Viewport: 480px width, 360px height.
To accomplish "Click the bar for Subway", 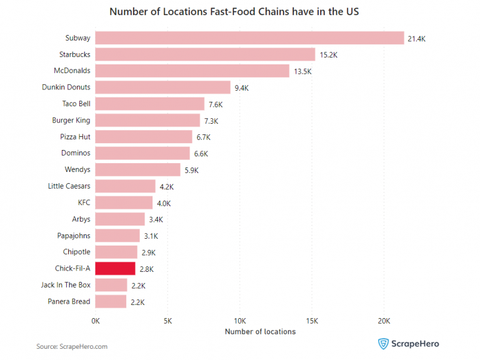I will pyautogui.click(x=250, y=38).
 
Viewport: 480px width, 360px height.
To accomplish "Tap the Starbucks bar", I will pyautogui.click(x=205, y=54).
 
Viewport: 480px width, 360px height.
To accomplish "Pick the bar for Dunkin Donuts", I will pyautogui.click(x=163, y=87).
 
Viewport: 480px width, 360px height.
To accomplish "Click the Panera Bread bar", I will pyautogui.click(x=111, y=302).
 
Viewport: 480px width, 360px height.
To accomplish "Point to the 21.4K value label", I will pyautogui.click(x=416, y=39).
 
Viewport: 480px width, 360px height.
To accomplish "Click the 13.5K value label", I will pyautogui.click(x=302, y=72).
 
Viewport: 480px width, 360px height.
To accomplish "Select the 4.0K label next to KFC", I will pyautogui.click(x=163, y=203).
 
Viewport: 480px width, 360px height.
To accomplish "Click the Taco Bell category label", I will pyautogui.click(x=76, y=104).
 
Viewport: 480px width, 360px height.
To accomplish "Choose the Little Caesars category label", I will pyautogui.click(x=69, y=186).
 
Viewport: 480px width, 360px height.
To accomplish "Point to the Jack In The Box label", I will pyautogui.click(x=65, y=285).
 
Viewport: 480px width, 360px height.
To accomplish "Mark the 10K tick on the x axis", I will pyautogui.click(x=239, y=321).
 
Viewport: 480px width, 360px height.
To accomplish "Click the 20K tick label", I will pyautogui.click(x=384, y=321).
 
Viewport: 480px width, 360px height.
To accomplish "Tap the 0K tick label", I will pyautogui.click(x=96, y=321).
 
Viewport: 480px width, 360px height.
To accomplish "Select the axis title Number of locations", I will pyautogui.click(x=260, y=332).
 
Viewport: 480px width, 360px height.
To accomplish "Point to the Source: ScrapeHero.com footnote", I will pyautogui.click(x=72, y=346).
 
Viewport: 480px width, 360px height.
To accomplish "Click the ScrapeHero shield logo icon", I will pyautogui.click(x=383, y=343).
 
